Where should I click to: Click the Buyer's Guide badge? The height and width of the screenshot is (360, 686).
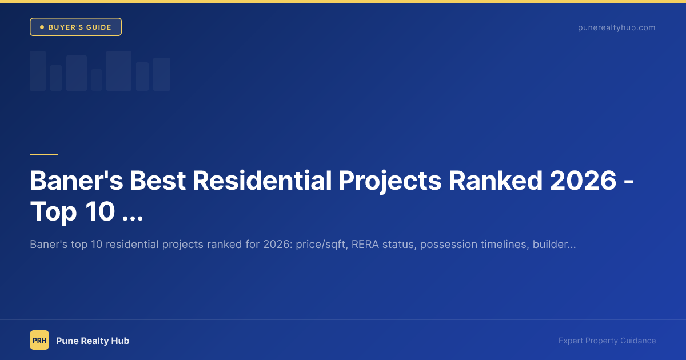click(75, 27)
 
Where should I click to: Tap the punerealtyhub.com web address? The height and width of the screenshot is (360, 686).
click(616, 27)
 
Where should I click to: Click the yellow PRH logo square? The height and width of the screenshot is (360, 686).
click(39, 341)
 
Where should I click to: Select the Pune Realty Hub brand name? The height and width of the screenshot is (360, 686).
click(93, 341)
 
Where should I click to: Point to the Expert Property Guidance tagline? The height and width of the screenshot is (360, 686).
click(607, 341)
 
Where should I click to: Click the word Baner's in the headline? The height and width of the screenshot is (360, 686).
click(74, 181)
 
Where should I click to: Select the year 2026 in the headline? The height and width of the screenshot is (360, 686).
click(584, 181)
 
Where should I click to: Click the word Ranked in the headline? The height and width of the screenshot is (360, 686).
click(496, 181)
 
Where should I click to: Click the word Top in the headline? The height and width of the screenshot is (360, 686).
click(53, 212)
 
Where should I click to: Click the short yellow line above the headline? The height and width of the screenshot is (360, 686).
click(44, 154)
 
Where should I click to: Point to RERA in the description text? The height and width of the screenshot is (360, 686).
click(364, 245)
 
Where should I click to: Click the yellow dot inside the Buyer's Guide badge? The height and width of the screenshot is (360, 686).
click(42, 27)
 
